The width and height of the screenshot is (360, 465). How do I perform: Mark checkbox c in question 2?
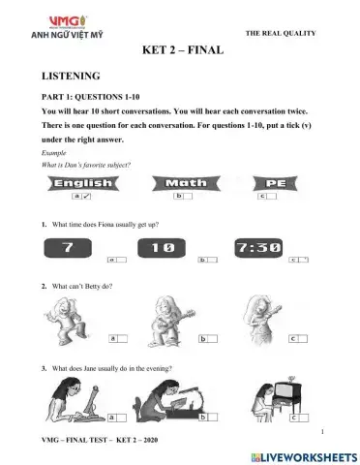[x=298, y=340]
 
